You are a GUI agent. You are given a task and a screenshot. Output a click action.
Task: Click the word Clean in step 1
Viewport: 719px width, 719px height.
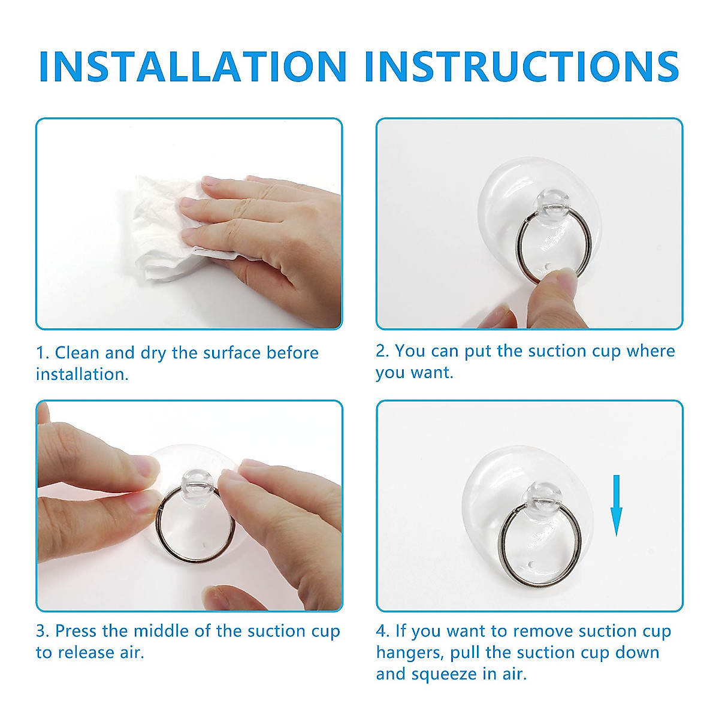coord(77,353)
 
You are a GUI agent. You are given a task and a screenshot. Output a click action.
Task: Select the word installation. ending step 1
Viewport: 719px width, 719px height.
coord(82,374)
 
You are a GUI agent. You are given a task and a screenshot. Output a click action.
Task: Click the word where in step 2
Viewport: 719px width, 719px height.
coord(651,351)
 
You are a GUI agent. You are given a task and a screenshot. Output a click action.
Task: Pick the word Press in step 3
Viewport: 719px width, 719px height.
coord(76,631)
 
